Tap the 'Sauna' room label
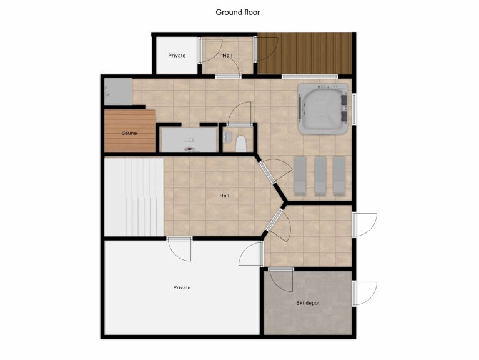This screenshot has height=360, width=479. coord(129,132)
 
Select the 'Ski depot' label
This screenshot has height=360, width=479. coord(307,303)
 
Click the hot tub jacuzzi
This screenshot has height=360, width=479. coord(323,109)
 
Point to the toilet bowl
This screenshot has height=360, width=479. coord(241,144)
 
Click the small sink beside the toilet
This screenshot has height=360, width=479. coord(227,136)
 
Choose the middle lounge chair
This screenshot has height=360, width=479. coord(320,175)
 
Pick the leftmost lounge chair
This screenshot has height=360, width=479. coord(300,175)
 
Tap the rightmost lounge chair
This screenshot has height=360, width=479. coord(338,175)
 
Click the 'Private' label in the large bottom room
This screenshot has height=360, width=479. coord(182,287)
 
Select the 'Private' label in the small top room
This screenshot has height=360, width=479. coord(177,56)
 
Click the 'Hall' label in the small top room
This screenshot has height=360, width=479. coord(227,56)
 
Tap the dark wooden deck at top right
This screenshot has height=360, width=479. coord(306,54)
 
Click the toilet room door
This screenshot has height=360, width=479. coord(238,114)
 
